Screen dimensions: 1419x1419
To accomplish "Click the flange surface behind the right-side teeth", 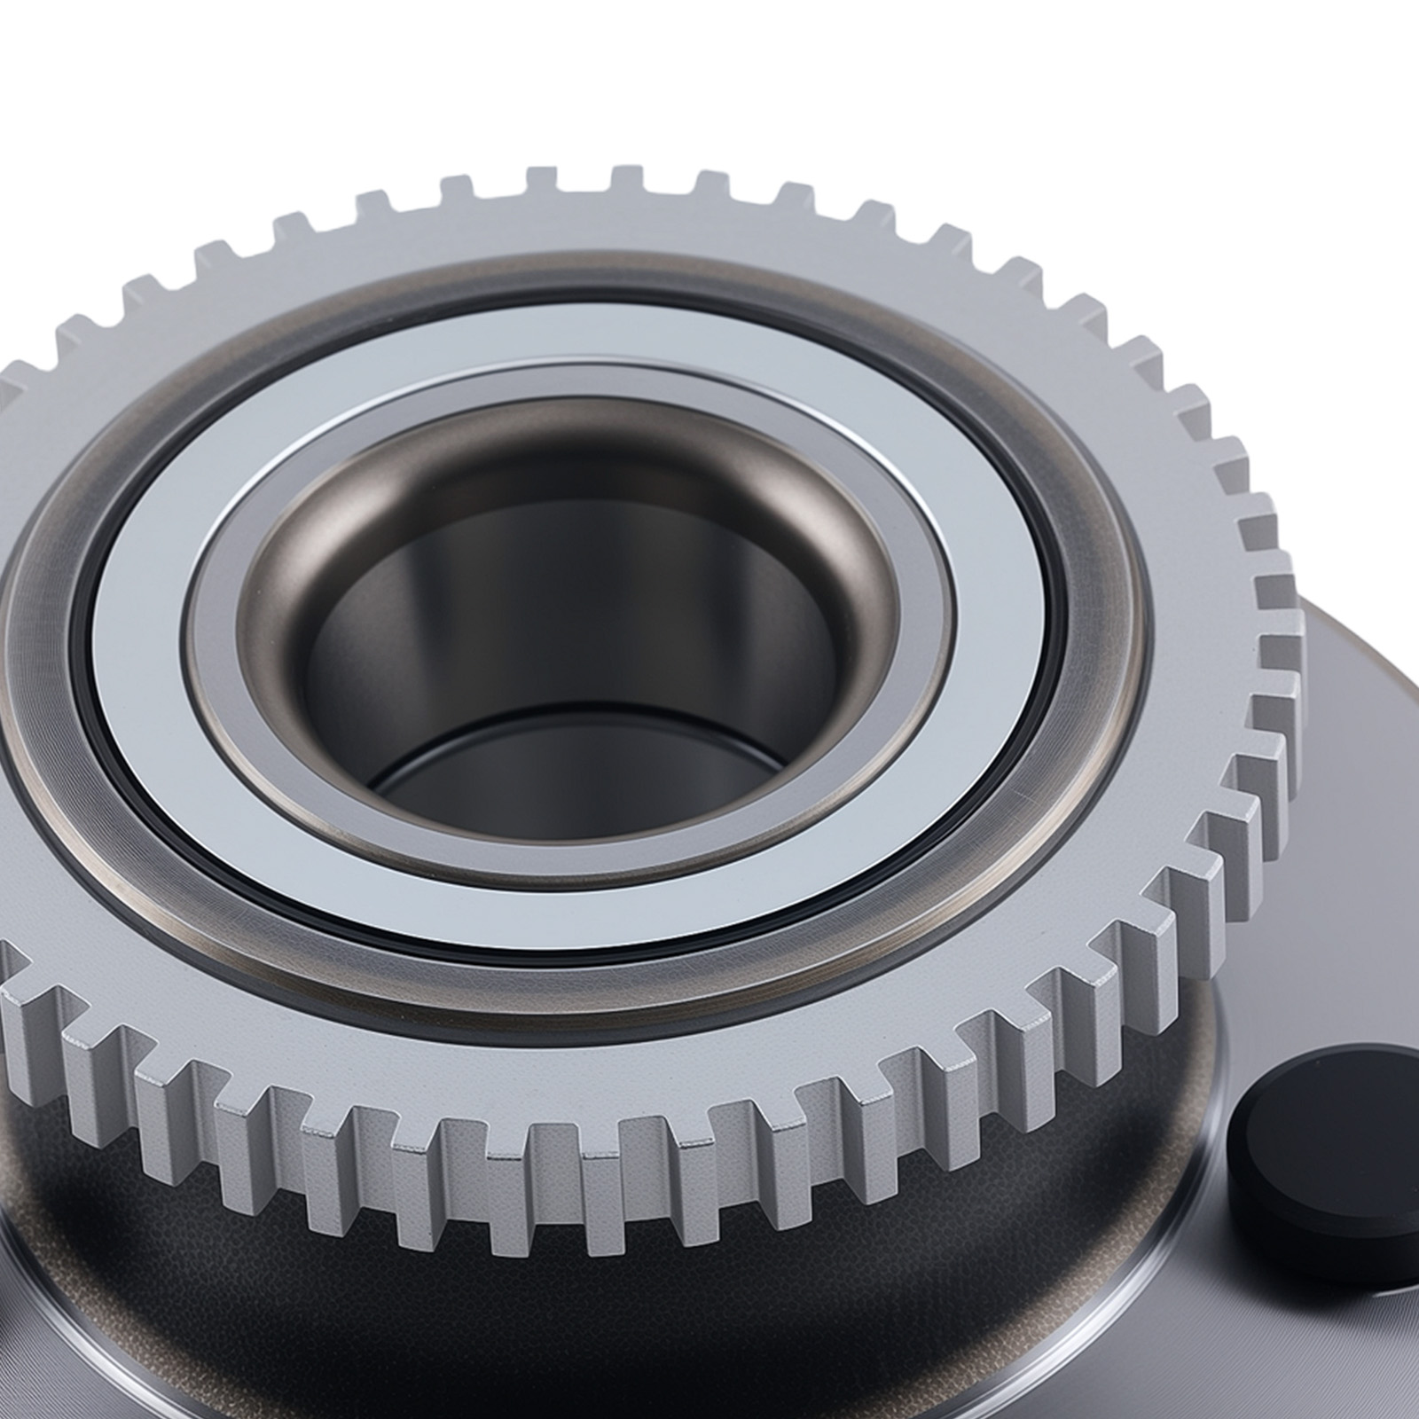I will [x=1357, y=692].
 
